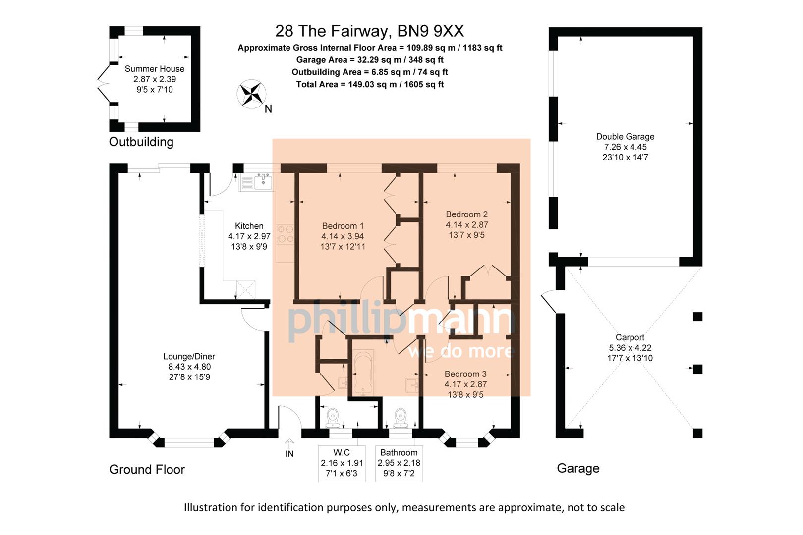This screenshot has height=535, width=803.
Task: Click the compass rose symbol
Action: click(251, 93)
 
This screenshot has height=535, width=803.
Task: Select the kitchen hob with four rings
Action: click(285, 234)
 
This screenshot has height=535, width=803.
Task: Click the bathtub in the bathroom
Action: click(363, 374)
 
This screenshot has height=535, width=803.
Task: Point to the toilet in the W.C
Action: click(332, 418)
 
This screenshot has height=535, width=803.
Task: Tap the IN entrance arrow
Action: click(290, 444)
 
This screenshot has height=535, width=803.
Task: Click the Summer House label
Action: click(154, 69)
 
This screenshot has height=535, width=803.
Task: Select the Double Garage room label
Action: click(625, 137)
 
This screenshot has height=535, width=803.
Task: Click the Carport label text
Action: click(630, 337)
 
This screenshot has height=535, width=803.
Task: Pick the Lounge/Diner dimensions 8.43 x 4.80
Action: click(189, 367)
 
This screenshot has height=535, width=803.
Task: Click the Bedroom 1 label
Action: click(343, 226)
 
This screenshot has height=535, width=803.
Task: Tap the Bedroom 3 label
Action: click(465, 374)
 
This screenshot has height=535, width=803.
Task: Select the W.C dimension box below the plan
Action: click(342, 463)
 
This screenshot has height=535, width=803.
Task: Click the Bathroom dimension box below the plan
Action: click(399, 463)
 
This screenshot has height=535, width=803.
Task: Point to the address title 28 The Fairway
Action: click(369, 31)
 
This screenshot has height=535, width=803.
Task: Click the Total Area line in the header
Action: click(370, 84)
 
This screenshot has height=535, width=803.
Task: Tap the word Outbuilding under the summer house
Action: click(141, 142)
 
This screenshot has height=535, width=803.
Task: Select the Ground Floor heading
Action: click(147, 469)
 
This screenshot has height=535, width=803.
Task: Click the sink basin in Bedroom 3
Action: click(412, 385)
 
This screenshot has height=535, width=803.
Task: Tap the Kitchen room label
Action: click(249, 226)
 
